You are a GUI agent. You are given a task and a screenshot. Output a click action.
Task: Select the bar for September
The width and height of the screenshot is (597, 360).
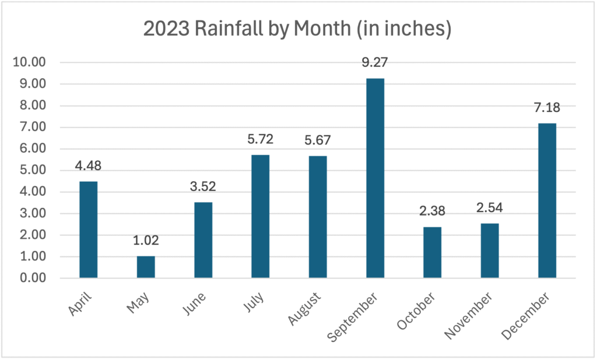coord(375,178)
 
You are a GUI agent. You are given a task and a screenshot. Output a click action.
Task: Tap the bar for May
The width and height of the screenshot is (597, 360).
coord(146,267)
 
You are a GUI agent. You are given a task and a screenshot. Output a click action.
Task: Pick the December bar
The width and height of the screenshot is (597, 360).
coord(547,200)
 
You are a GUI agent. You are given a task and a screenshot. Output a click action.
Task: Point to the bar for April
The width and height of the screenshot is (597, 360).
coord(88,230)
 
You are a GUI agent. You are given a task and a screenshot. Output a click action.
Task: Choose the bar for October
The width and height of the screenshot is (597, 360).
coord(432,252)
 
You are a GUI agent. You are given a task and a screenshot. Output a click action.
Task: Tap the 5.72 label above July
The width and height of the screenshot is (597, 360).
coord(260,139)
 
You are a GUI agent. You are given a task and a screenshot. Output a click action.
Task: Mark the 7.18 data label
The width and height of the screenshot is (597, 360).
coord(547,108)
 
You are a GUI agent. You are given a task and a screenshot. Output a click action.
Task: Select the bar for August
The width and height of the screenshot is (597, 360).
coord(317,217)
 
